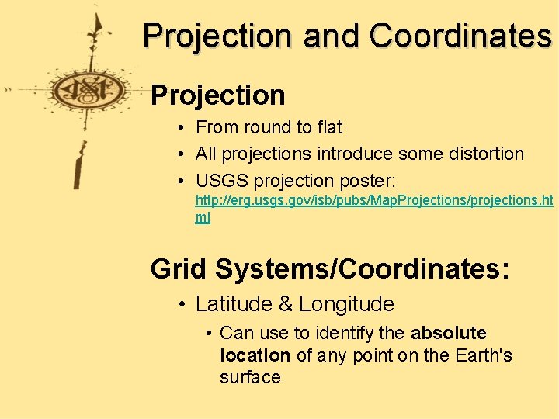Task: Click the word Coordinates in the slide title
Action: [460, 36]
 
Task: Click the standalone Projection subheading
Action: [218, 95]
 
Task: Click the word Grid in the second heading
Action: [179, 268]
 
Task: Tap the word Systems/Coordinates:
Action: [363, 268]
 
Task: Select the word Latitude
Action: [230, 304]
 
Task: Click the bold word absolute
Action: [448, 334]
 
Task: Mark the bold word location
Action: [255, 355]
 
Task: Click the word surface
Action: [250, 377]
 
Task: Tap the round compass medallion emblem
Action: [89, 91]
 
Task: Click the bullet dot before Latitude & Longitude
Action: [179, 304]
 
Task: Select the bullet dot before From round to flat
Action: [179, 127]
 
